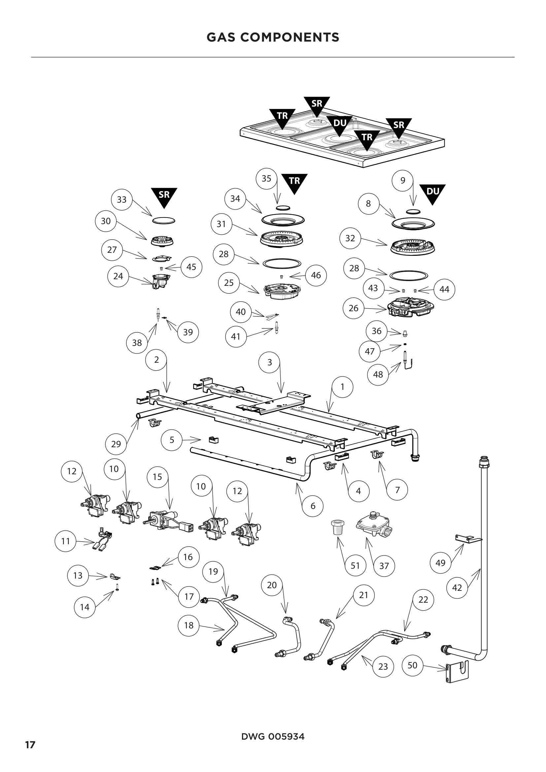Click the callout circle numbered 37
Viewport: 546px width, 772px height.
click(384, 566)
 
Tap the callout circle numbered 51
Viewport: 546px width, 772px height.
click(356, 566)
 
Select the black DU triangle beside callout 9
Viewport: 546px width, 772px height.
click(432, 193)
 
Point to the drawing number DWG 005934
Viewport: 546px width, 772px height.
click(273, 737)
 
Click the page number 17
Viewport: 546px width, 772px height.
click(30, 745)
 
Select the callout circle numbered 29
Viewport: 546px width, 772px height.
click(116, 444)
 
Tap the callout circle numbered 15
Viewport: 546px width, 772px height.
click(157, 477)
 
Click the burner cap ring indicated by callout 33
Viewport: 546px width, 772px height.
click(164, 220)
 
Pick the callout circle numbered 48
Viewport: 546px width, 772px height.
click(378, 374)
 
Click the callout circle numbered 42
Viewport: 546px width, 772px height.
click(457, 587)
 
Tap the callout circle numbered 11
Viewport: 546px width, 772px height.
click(66, 541)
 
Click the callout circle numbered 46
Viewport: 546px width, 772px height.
click(316, 275)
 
